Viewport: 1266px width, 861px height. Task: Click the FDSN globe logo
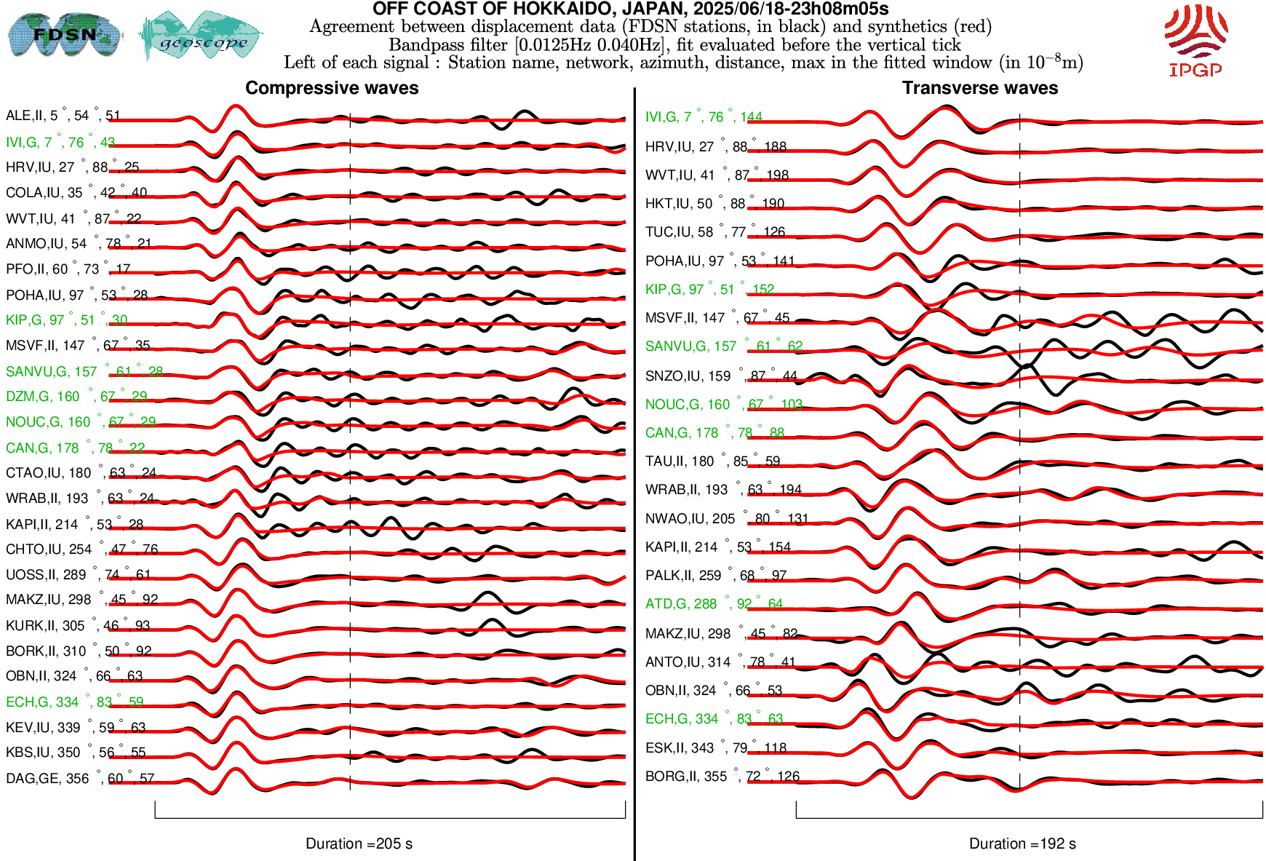point(64,34)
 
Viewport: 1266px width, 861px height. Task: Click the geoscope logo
point(202,36)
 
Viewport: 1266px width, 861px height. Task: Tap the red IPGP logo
point(1195,41)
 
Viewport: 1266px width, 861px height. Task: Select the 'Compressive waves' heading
point(332,88)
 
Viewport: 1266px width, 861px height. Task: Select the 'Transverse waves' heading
point(979,88)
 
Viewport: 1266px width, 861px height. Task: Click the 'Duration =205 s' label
point(359,844)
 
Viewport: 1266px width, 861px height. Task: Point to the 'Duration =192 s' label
point(1022,844)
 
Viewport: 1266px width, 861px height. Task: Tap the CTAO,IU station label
point(81,473)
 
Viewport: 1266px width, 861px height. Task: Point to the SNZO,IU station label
point(721,376)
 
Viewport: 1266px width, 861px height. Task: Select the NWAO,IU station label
point(727,519)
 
